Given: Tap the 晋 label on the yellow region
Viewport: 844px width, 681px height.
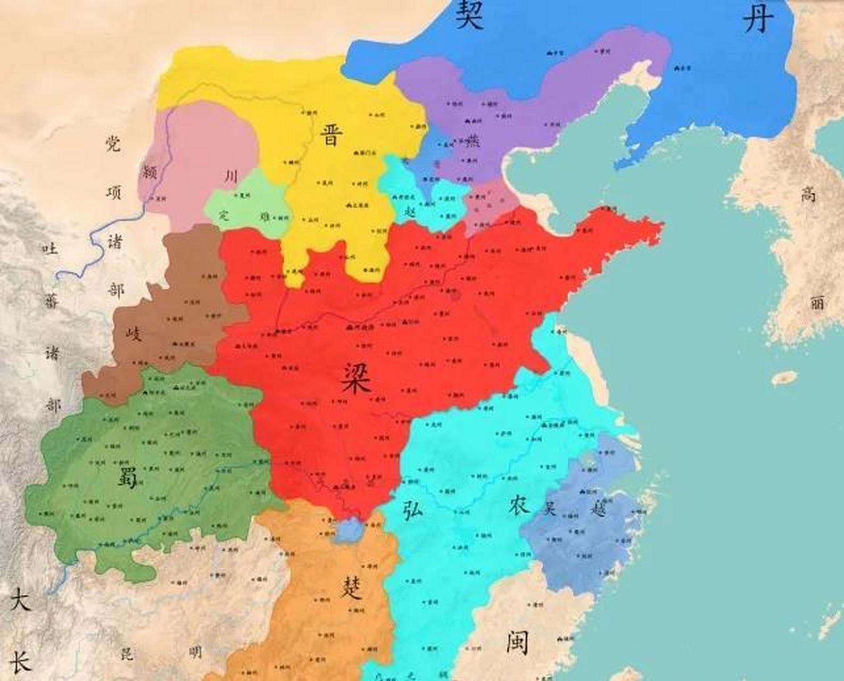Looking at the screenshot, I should click(x=329, y=135).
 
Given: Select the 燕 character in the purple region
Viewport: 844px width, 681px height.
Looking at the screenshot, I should click(x=472, y=141).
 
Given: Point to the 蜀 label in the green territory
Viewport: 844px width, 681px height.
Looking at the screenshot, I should click(x=127, y=477).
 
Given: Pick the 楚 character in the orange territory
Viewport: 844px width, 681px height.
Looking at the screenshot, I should click(x=352, y=588).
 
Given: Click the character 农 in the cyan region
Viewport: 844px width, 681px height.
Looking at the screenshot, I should click(x=518, y=504).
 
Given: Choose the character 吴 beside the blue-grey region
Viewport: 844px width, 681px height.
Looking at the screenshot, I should click(x=549, y=508).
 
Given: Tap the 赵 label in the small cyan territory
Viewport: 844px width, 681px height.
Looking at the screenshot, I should click(x=410, y=211).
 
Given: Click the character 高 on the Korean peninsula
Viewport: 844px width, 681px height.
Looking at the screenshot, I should click(x=808, y=195).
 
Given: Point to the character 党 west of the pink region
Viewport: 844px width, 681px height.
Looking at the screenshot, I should click(x=113, y=143).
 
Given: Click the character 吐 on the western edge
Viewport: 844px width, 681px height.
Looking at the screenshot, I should click(x=50, y=248).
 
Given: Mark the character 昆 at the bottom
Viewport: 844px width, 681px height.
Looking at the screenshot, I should click(x=127, y=653).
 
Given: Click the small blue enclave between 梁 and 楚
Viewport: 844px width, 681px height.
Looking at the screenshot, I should click(x=349, y=529).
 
